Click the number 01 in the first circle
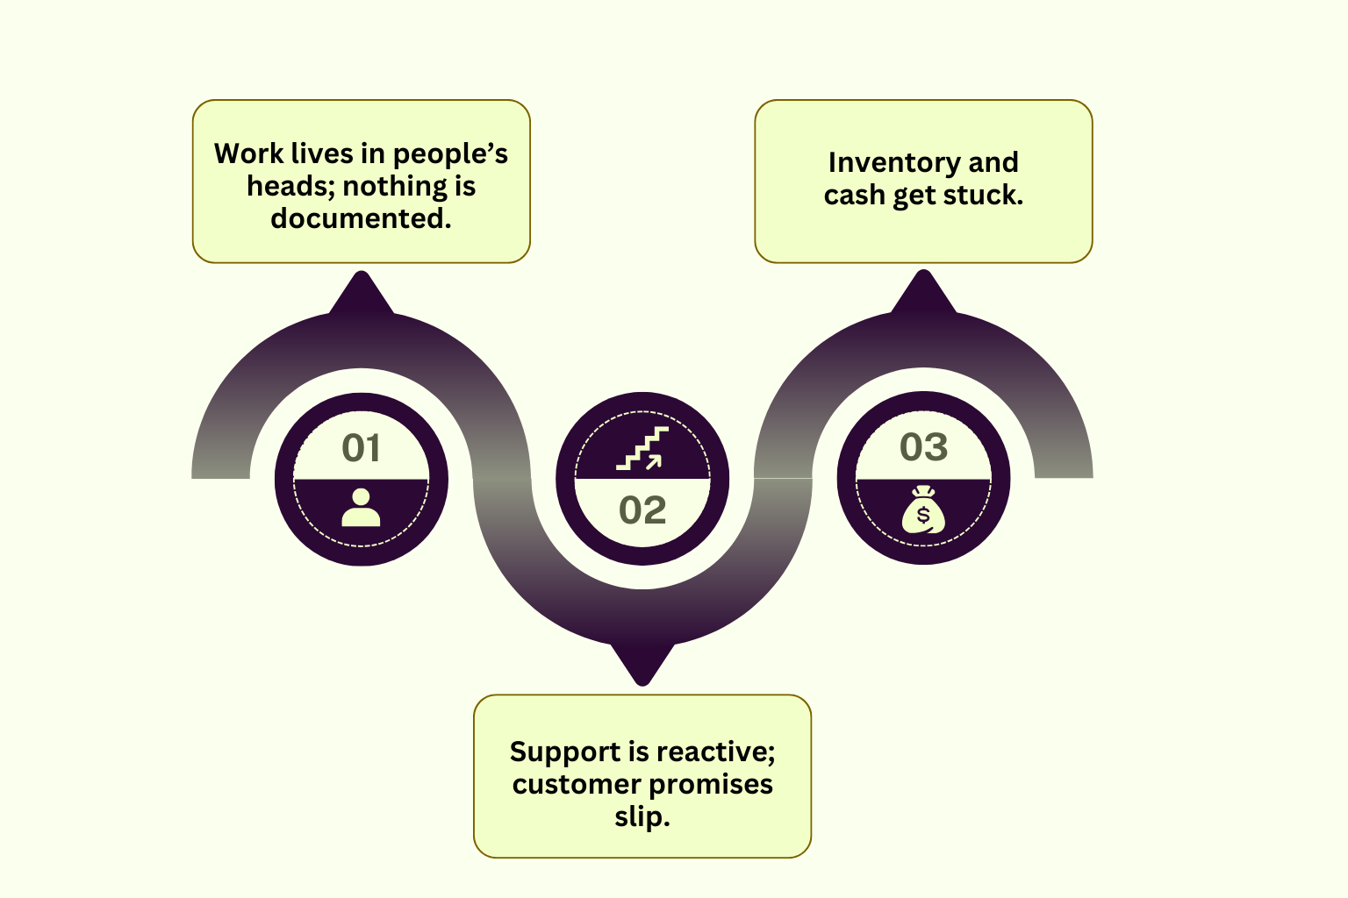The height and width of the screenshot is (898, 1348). click(361, 448)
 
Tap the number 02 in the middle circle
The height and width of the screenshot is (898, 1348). click(642, 510)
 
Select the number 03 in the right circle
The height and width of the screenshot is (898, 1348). click(924, 447)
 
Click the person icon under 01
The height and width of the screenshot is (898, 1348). click(361, 508)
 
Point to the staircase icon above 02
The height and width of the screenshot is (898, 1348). click(642, 448)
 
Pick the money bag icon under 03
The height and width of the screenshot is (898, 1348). click(924, 510)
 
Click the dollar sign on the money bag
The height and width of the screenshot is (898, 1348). click(923, 516)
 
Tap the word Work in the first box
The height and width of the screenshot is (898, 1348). click(249, 153)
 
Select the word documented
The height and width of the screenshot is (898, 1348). click(361, 218)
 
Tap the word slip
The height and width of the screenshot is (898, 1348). click(642, 817)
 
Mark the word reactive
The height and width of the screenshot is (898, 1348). click(715, 752)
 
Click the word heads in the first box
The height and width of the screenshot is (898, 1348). click(291, 186)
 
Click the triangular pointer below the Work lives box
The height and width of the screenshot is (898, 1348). click(361, 292)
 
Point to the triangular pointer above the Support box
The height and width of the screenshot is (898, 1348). click(642, 665)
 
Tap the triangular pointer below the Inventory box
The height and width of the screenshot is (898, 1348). click(924, 291)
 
